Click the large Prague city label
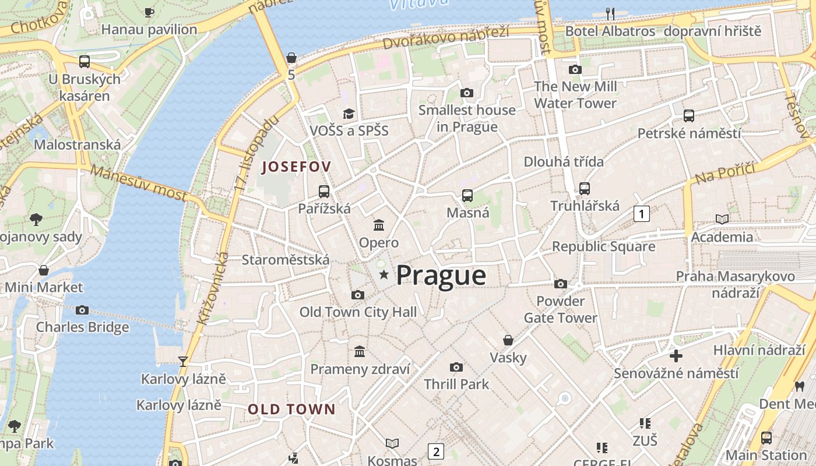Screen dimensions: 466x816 tap(441, 276)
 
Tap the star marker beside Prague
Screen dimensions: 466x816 tap(384, 274)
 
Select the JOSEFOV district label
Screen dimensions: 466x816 tap(297, 167)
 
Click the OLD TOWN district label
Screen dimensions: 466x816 tap(291, 409)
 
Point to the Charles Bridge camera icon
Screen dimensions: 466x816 tap(82, 310)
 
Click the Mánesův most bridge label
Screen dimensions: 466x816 tap(139, 183)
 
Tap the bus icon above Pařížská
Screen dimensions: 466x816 tap(324, 191)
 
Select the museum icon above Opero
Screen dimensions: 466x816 tap(379, 225)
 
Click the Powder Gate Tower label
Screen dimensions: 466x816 tap(560, 309)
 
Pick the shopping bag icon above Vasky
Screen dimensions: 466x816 tap(508, 340)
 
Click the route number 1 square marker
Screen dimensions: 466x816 tap(641, 214)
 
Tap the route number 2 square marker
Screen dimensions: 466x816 tap(435, 451)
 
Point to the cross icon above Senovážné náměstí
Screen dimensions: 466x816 tap(676, 355)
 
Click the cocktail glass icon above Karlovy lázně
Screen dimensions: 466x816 tap(183, 362)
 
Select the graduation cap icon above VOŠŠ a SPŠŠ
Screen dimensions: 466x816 tap(349, 114)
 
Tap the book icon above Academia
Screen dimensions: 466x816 tap(722, 220)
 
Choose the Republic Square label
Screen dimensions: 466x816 tap(603, 246)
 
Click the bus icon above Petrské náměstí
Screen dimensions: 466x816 tap(689, 116)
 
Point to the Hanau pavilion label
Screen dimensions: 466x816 tap(149, 29)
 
